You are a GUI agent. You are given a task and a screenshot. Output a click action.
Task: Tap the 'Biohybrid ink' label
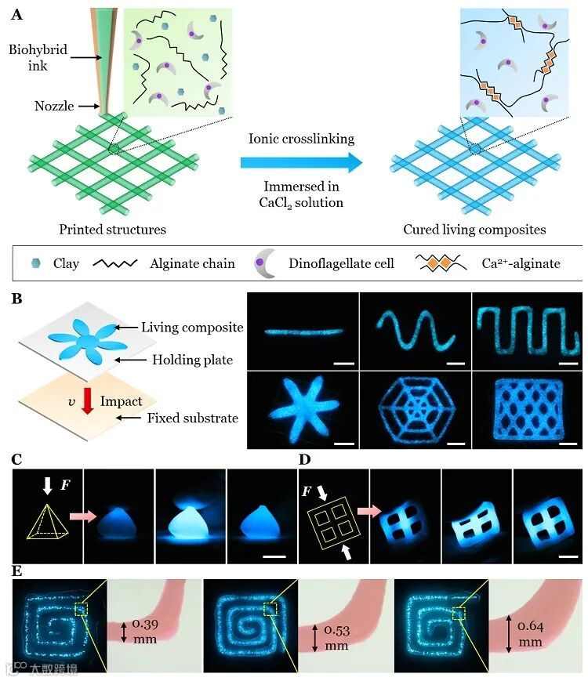click(x=38, y=58)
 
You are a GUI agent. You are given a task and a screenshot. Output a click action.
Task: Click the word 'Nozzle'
click(x=54, y=106)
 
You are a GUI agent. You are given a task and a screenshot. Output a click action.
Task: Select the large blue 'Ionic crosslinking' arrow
click(x=301, y=163)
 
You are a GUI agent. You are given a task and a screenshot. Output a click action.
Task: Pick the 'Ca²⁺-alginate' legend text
click(x=521, y=263)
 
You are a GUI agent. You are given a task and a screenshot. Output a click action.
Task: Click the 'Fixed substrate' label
click(x=192, y=418)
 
